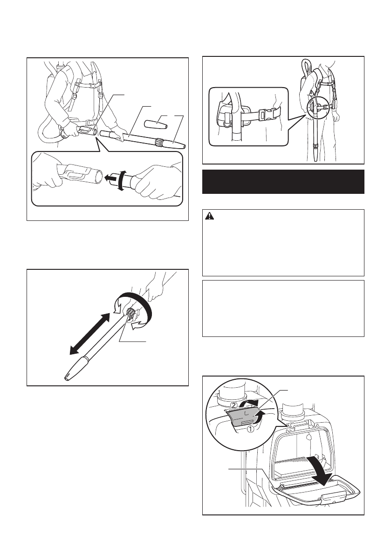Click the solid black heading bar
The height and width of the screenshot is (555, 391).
(x=283, y=182)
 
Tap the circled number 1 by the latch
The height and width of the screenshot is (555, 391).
(x=250, y=429)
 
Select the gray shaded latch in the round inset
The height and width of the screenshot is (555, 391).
(x=244, y=418)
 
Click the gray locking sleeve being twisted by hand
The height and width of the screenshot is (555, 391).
(x=130, y=313)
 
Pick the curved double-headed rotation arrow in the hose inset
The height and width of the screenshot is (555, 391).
(x=121, y=180)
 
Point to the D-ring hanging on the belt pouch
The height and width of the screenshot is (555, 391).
(x=226, y=123)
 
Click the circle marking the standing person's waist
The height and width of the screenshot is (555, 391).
(x=314, y=108)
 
